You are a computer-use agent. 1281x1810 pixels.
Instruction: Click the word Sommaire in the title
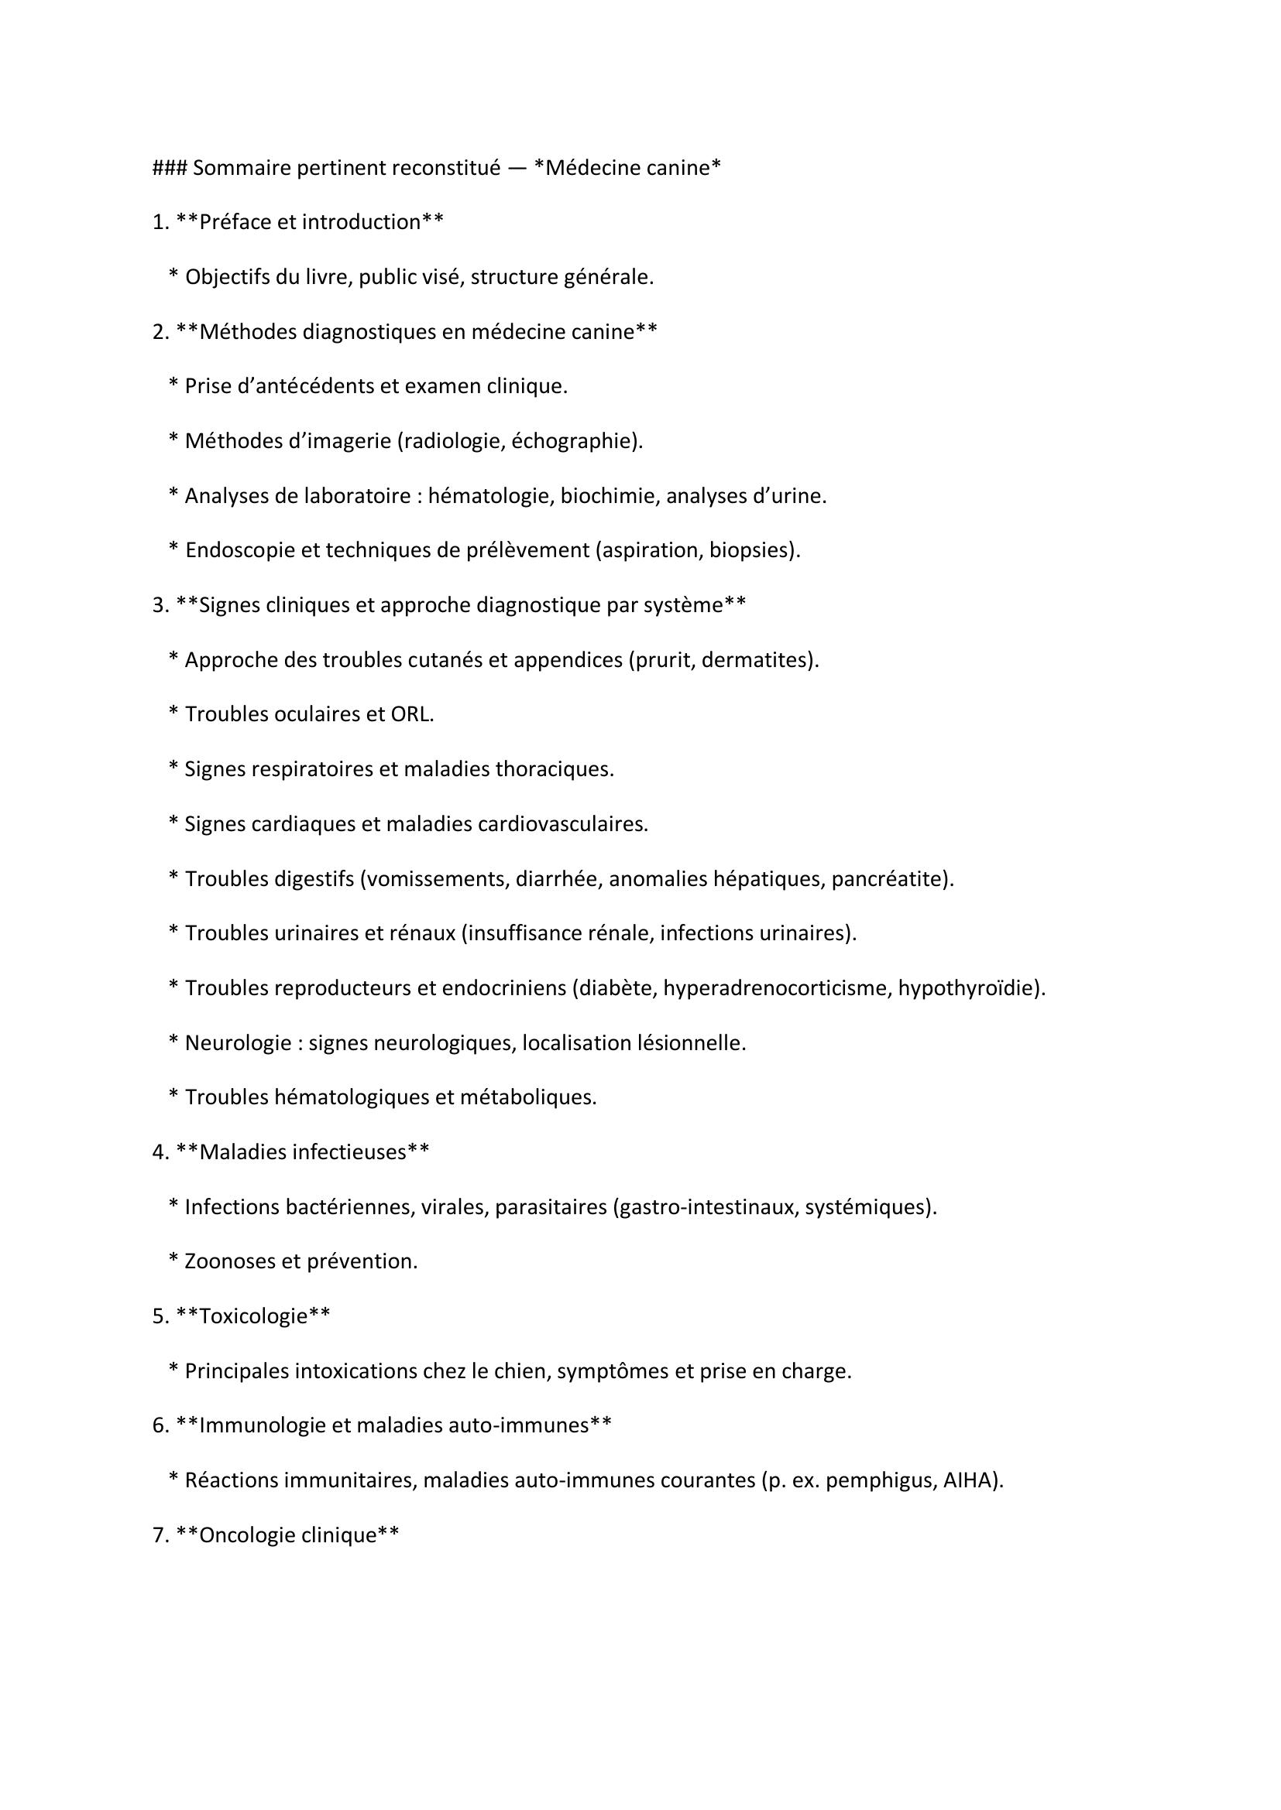[242, 168]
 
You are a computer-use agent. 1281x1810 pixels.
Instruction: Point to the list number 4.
[160, 1151]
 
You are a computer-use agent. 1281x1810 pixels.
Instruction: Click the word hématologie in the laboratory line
[489, 496]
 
